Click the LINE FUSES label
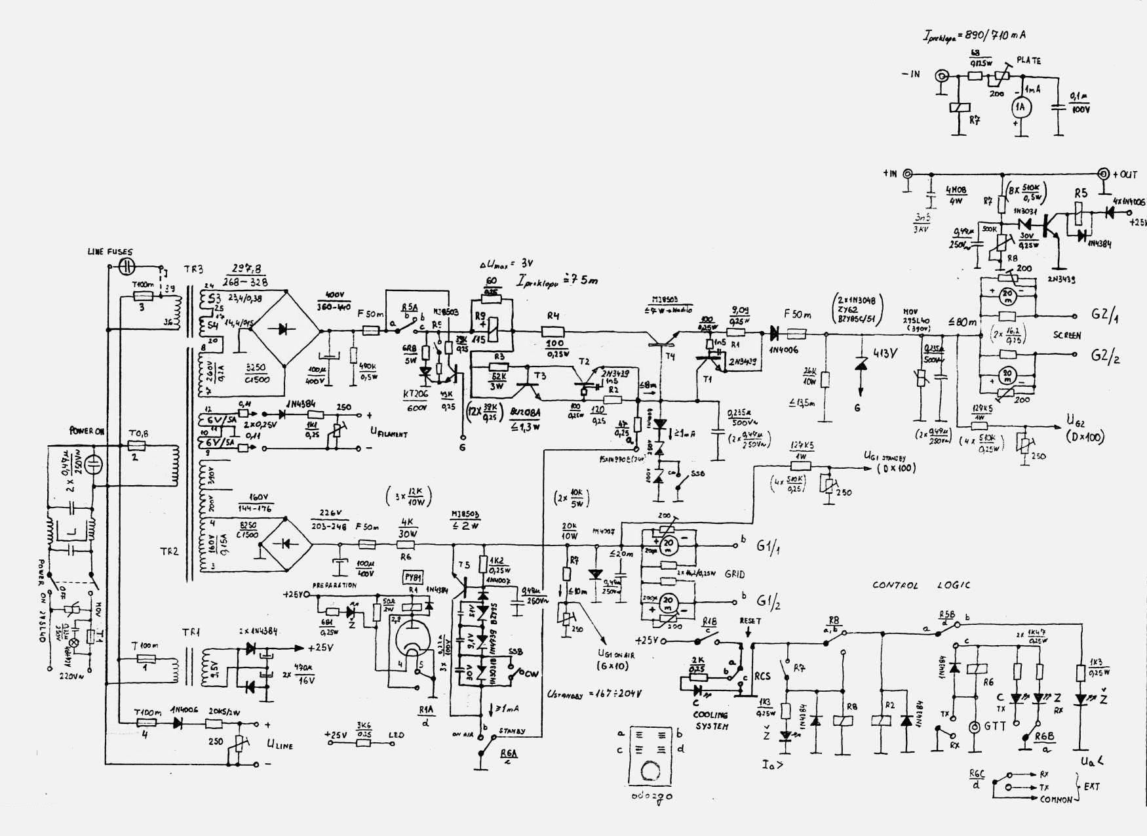click(x=109, y=252)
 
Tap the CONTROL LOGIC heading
click(x=921, y=586)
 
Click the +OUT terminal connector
click(x=1104, y=174)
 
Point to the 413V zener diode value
click(x=884, y=353)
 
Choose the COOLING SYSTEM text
click(x=709, y=721)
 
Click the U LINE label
click(x=279, y=744)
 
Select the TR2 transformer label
click(x=169, y=551)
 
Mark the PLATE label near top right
click(x=1028, y=61)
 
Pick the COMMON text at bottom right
click(x=1056, y=799)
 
